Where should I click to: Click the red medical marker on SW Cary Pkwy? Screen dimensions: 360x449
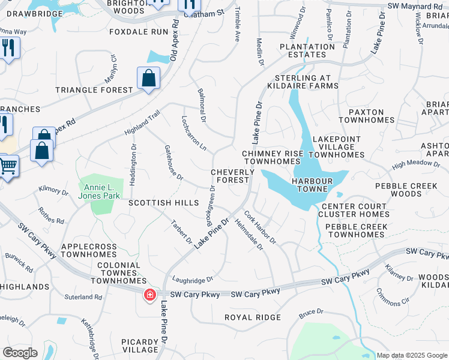click(149, 295)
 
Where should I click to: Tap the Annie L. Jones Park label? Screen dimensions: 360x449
click(99, 191)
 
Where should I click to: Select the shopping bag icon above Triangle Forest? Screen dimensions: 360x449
click(148, 78)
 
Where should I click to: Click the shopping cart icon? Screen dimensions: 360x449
click(7, 164)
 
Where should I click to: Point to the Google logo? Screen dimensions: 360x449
click(20, 353)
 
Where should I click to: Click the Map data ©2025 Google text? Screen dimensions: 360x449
click(412, 355)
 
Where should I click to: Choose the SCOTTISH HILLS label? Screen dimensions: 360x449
click(163, 203)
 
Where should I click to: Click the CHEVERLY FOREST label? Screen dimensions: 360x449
click(230, 176)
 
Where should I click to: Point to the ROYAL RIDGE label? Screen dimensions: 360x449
click(252, 317)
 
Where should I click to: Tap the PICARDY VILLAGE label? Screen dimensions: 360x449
click(140, 346)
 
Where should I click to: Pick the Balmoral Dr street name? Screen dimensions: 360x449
click(202, 107)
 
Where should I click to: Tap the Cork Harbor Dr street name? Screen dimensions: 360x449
click(260, 227)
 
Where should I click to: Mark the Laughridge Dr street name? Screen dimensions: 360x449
click(193, 279)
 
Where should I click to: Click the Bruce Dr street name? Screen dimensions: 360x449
click(311, 312)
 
